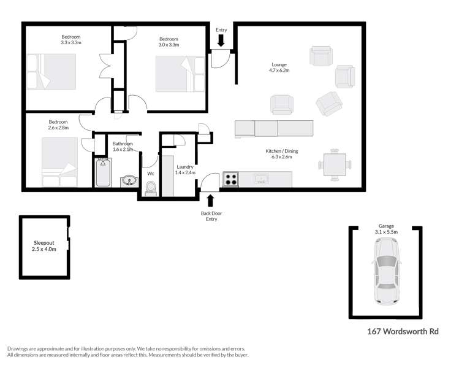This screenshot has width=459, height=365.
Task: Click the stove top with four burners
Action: (230, 179)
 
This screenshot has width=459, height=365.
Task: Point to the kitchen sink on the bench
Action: (260, 179)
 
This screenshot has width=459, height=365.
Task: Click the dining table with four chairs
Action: (335, 164)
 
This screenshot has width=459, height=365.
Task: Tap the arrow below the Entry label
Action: (221, 40)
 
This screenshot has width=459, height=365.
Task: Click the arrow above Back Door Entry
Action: (211, 200)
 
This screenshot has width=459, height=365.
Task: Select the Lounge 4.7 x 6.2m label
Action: (279, 67)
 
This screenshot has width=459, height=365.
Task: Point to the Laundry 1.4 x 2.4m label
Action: (185, 170)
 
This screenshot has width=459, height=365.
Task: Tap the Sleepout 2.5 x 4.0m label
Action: (44, 246)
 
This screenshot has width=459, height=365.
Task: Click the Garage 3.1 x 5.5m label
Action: (387, 229)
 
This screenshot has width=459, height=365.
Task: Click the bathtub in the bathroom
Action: (103, 173)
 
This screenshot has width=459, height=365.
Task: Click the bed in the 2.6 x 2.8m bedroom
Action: (59, 161)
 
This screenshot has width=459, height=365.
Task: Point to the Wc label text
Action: (150, 174)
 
